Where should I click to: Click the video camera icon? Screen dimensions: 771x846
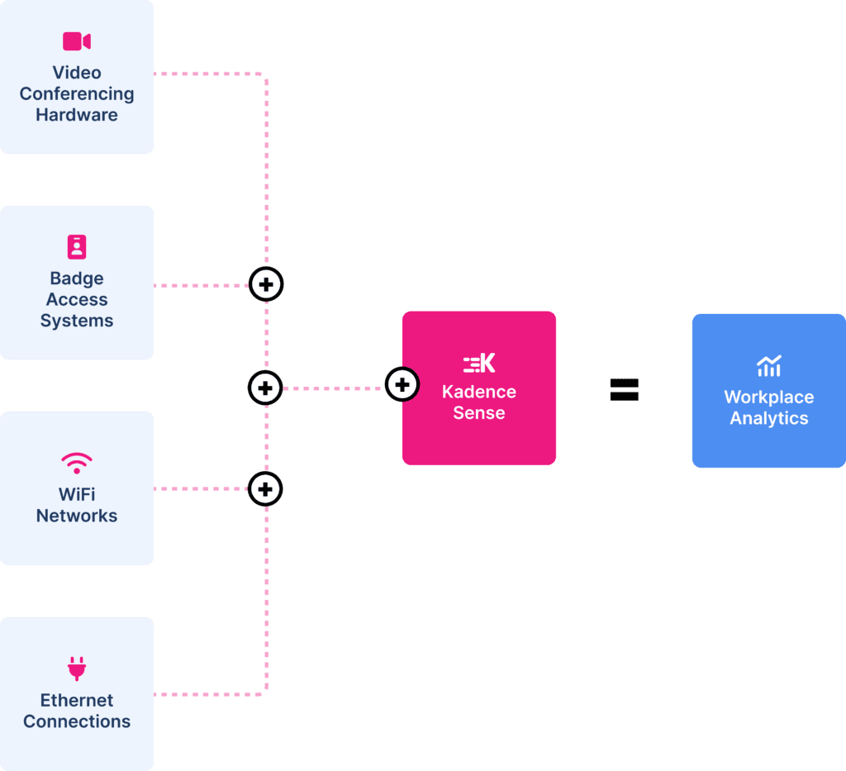[77, 41]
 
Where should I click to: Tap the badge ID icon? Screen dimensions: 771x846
[77, 246]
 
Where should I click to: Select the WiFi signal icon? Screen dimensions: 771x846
[77, 462]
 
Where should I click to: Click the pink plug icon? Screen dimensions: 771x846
[77, 668]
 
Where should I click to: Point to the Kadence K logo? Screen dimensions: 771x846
[479, 363]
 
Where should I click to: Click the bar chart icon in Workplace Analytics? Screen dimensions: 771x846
[768, 366]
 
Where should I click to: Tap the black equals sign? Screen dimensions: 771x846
[624, 389]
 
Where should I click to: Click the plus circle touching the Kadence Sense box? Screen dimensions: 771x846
[402, 384]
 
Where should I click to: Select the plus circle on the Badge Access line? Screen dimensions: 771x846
[266, 285]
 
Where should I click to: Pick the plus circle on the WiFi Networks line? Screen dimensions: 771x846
[265, 489]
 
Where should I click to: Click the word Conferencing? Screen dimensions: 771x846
[77, 94]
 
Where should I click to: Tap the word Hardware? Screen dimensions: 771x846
[77, 115]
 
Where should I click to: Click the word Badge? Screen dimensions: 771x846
[77, 278]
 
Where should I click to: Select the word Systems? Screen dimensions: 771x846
[77, 321]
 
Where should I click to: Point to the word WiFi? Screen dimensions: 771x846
[77, 494]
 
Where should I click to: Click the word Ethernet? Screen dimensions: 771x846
[77, 700]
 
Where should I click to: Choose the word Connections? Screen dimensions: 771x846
[77, 721]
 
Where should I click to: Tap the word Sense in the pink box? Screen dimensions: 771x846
[479, 413]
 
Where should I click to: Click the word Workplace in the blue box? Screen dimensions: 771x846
[768, 397]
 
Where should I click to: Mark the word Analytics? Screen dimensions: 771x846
[768, 418]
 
